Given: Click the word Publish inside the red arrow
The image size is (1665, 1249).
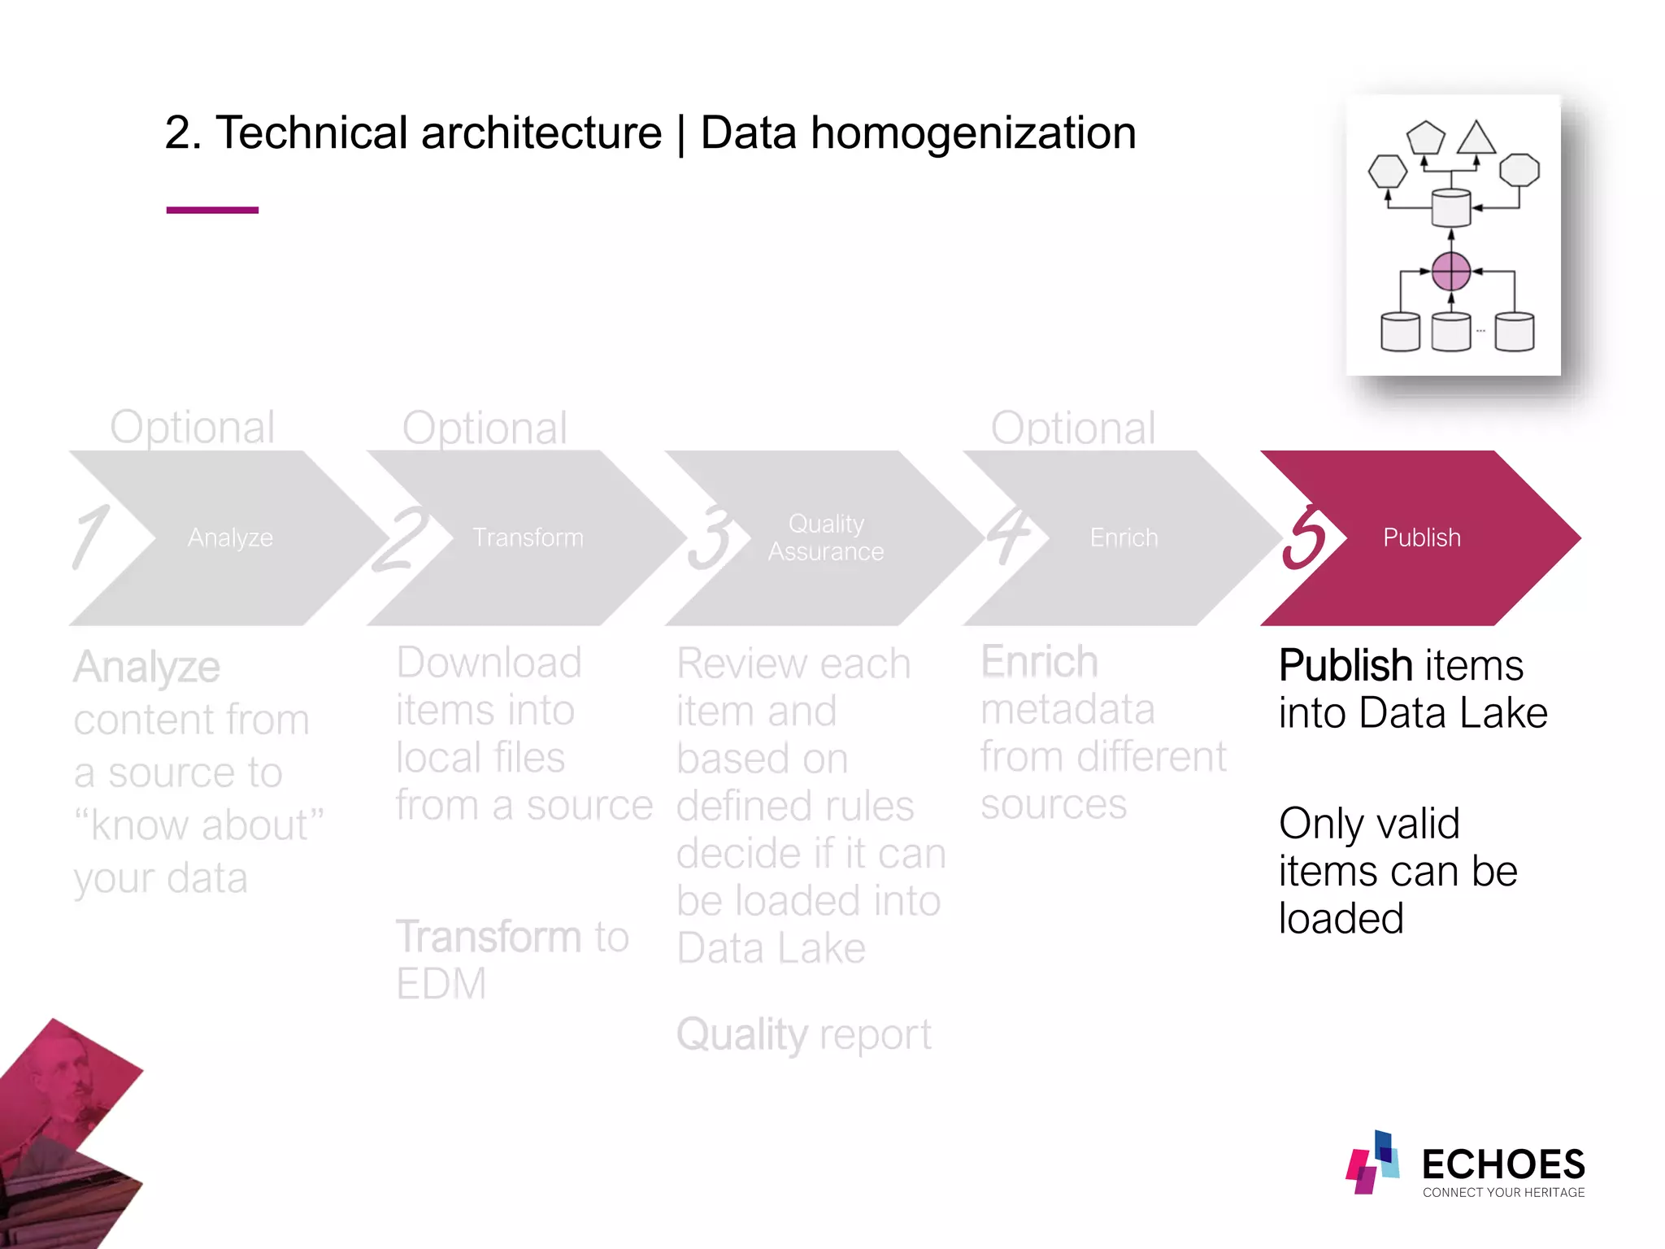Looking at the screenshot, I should click(1421, 537).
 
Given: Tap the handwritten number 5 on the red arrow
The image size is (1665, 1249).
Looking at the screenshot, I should click(1303, 537).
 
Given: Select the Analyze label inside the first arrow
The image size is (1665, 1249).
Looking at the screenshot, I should click(230, 537).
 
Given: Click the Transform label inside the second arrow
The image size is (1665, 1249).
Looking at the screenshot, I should click(528, 537).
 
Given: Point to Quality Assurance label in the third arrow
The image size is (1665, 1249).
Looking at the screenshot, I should click(826, 537).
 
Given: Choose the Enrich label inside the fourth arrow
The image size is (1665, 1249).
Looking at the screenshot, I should click(1124, 537).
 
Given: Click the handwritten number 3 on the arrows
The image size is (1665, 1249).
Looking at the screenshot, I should click(709, 537).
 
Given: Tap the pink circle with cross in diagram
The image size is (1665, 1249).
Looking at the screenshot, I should click(1450, 272).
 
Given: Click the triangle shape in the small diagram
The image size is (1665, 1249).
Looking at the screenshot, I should click(1476, 139).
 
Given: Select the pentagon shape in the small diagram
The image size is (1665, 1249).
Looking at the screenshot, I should click(1426, 138).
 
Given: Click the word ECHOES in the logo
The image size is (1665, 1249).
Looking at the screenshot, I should click(1503, 1164).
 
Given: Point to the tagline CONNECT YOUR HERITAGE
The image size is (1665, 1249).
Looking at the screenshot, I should click(1503, 1193).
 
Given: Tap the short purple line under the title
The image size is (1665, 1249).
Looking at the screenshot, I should click(212, 210).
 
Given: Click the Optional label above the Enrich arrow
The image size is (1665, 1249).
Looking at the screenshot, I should click(1072, 428).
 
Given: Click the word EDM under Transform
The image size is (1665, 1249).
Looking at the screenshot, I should click(441, 984).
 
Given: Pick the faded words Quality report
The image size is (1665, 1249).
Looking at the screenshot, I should click(803, 1035).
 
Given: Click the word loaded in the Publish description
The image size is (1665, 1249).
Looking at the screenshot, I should click(1341, 919).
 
